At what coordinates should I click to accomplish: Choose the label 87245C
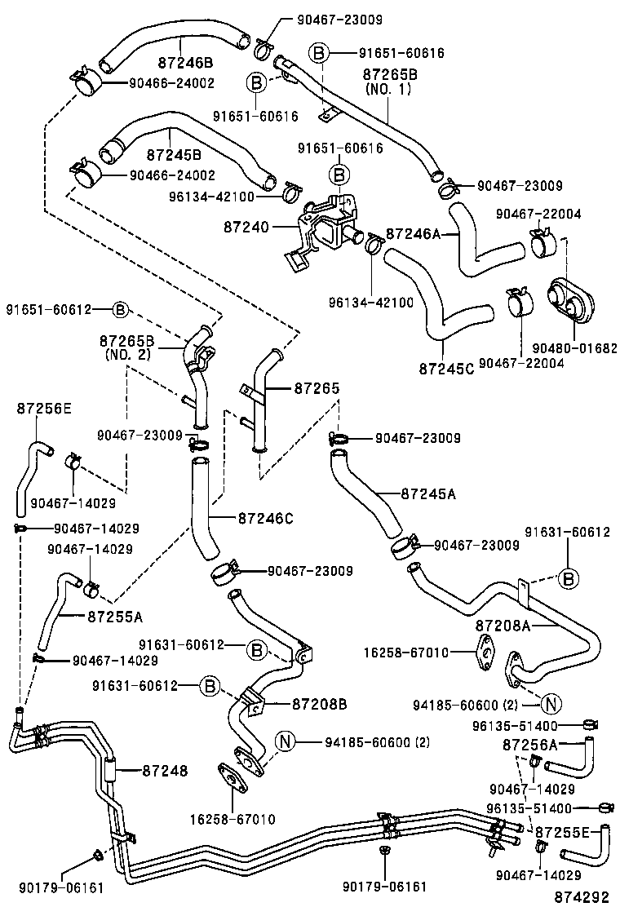tap(446, 367)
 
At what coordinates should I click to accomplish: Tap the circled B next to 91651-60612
tap(119, 309)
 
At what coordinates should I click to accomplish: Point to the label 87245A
tap(429, 493)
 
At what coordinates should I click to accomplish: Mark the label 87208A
tap(503, 626)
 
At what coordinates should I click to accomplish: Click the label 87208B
tap(320, 703)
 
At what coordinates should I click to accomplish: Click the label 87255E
tap(563, 831)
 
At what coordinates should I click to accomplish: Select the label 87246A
tap(413, 233)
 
